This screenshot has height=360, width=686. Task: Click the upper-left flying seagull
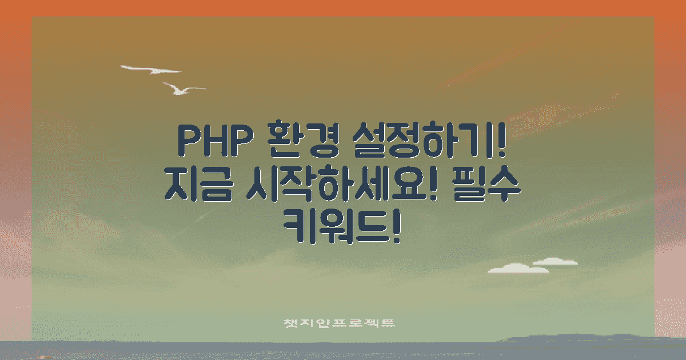point(150,70)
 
